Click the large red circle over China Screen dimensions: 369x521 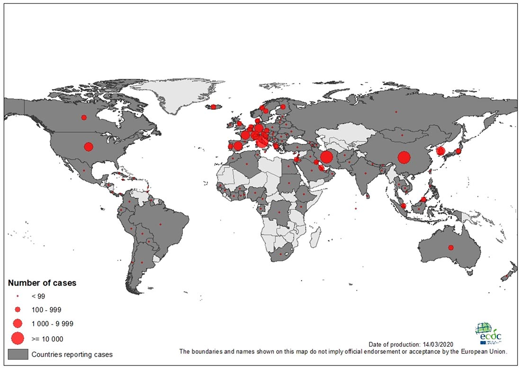click(404, 157)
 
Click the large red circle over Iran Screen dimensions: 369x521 click(326, 157)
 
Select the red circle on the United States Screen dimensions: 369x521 click(88, 146)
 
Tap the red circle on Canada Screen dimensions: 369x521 click(84, 117)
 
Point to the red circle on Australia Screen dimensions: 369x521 click(450, 247)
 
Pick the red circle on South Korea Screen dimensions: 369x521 click(440, 151)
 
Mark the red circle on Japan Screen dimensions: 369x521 click(458, 151)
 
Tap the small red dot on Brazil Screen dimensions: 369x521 click(161, 224)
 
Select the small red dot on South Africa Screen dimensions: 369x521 click(281, 255)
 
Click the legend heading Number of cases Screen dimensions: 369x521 click(42, 283)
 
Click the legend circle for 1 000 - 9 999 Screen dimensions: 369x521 click(18, 323)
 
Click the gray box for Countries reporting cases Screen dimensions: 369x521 click(18, 354)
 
